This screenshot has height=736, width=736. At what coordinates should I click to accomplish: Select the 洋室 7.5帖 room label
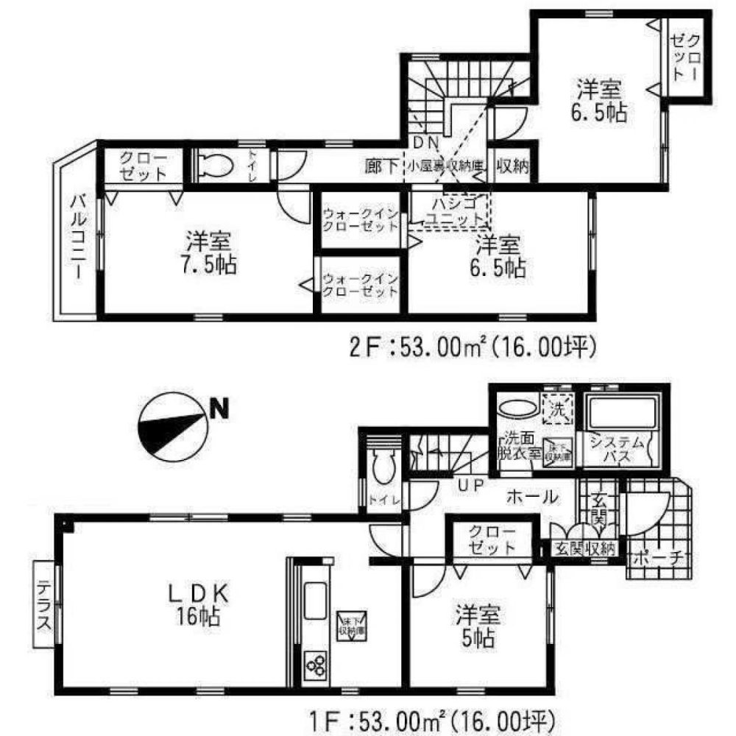click(210, 252)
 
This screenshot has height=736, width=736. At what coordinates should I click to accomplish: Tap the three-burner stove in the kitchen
click(316, 665)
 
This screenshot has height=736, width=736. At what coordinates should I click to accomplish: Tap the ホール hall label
click(531, 498)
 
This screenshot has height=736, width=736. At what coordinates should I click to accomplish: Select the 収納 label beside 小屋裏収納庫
click(513, 166)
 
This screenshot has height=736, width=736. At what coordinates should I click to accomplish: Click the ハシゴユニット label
click(457, 211)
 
